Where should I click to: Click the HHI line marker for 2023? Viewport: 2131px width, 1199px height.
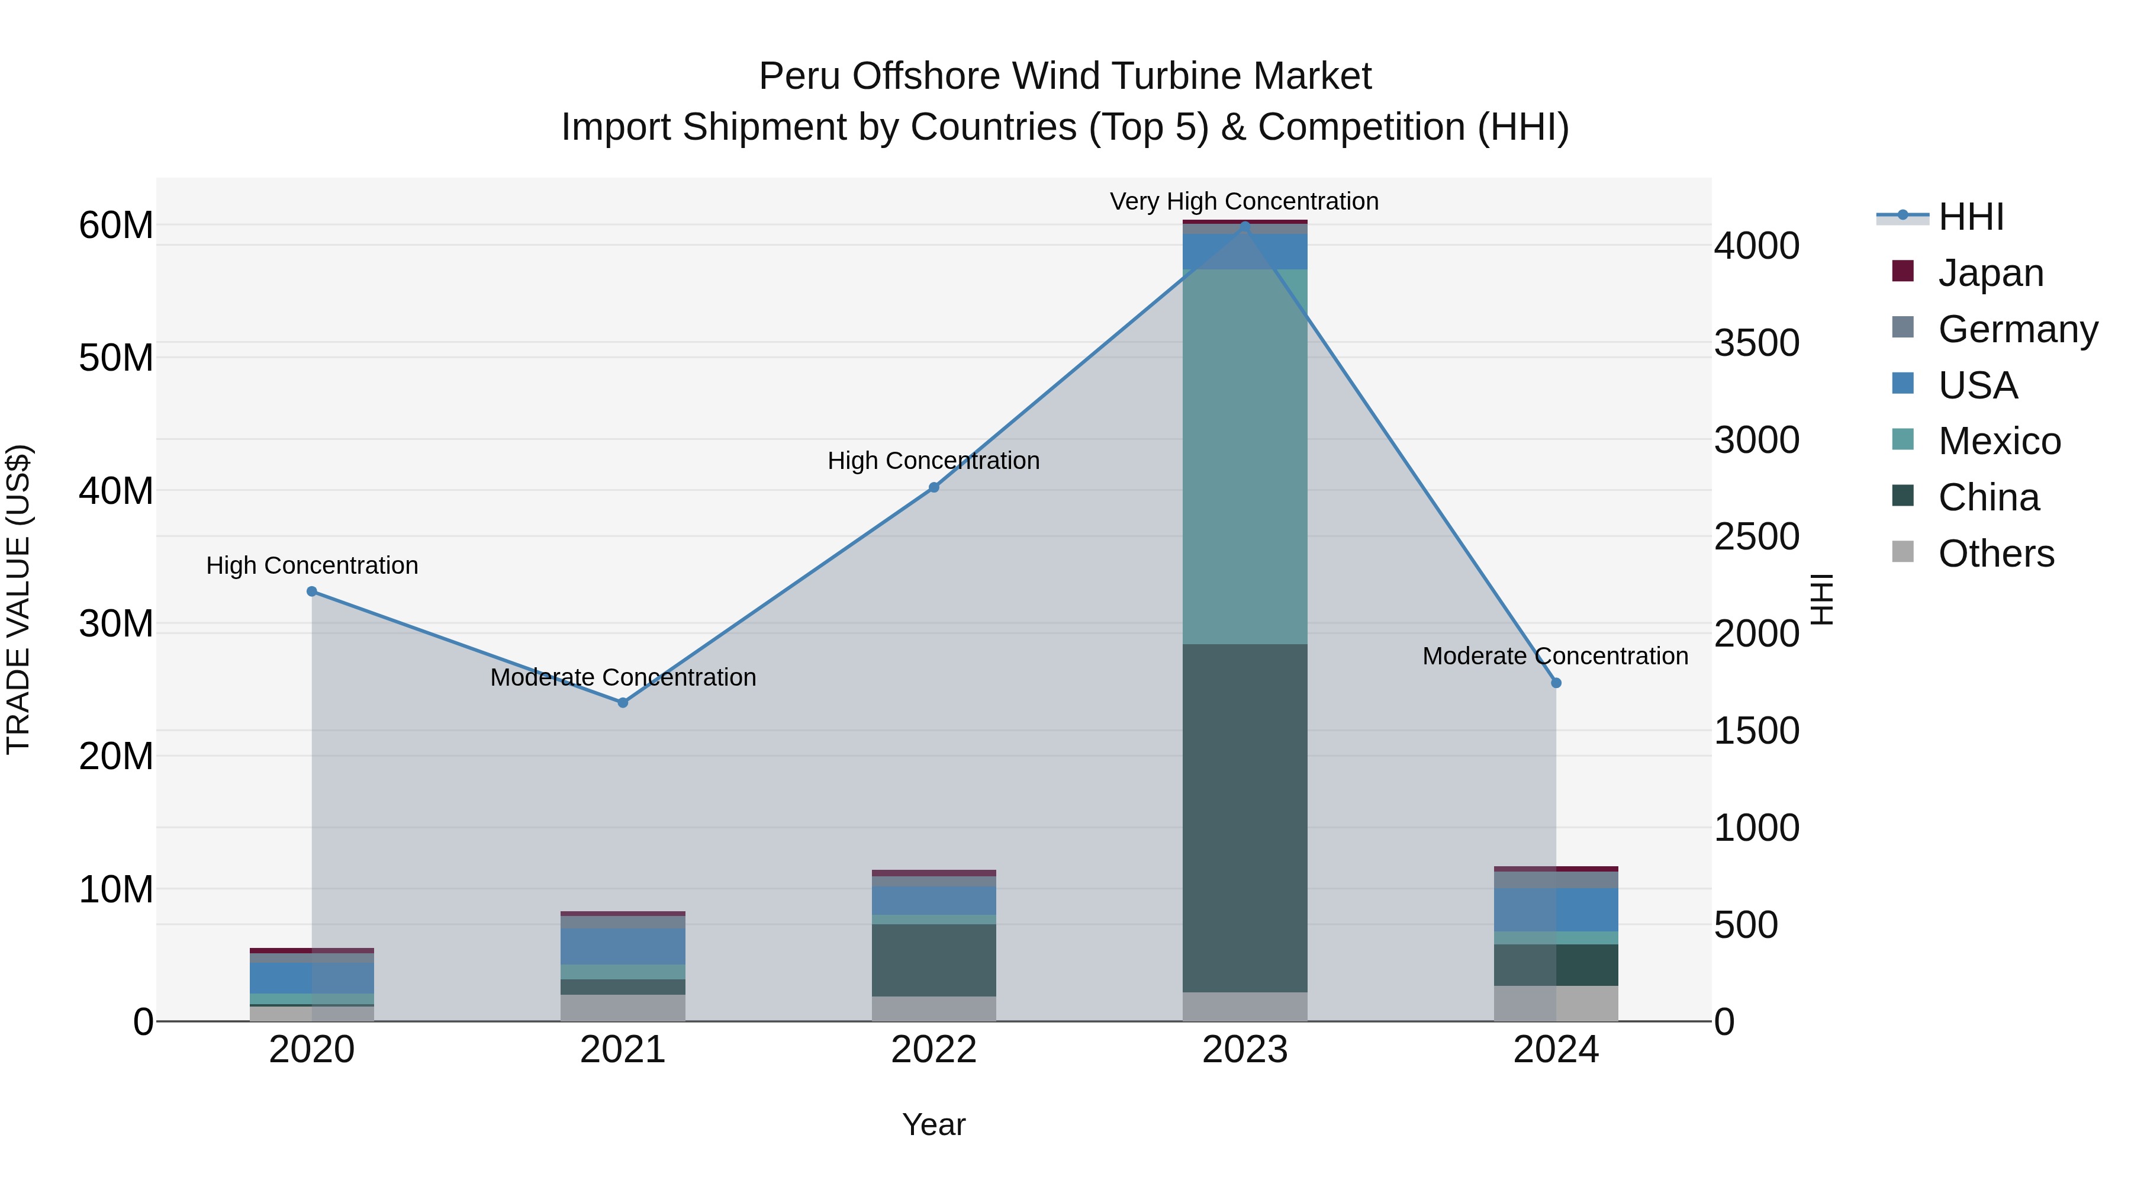pos(1245,226)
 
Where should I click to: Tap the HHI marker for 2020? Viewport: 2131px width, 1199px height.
pos(312,592)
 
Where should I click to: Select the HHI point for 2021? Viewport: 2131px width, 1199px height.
pos(623,702)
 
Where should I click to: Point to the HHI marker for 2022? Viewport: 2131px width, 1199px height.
pos(934,487)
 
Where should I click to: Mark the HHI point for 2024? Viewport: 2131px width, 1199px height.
pos(1556,683)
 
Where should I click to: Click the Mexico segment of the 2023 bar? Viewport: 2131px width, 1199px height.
pos(1245,455)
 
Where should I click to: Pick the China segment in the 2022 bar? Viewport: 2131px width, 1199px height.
pos(934,960)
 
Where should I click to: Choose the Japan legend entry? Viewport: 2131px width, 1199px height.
pos(1990,273)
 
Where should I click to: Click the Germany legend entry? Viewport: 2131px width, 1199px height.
pos(2017,329)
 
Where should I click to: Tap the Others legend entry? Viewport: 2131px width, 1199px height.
pos(1995,554)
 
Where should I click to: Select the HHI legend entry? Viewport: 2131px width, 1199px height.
pos(1971,217)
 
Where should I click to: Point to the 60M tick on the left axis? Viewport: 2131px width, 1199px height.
pos(116,225)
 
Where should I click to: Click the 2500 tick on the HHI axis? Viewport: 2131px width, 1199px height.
pos(1756,537)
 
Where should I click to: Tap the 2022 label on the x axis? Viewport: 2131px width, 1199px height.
pos(934,1050)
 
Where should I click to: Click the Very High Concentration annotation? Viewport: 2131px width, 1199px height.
pos(1244,201)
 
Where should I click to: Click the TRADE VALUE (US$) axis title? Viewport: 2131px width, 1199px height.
pos(18,599)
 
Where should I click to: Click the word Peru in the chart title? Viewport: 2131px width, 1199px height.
pos(800,76)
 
